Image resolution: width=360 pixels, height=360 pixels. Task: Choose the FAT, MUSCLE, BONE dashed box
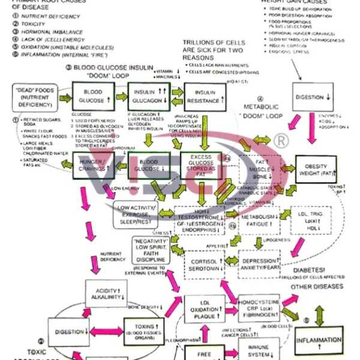click(x=260, y=169)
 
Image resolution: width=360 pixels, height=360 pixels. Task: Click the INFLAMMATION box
click(x=319, y=340)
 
